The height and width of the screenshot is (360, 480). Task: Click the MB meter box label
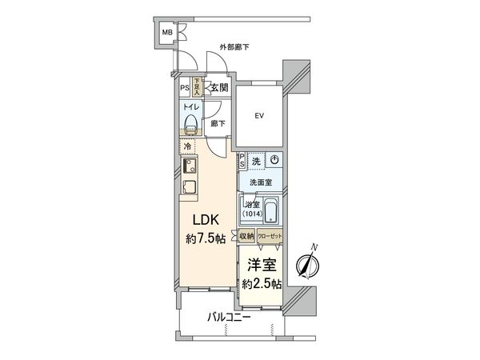tap(168, 33)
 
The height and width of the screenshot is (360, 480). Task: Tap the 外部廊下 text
tap(234, 47)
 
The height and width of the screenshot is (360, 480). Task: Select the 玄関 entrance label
tap(220, 88)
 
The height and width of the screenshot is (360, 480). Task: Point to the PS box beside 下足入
tap(185, 88)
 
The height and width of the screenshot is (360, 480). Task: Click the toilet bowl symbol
tap(190, 124)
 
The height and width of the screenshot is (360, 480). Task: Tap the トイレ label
tap(189, 106)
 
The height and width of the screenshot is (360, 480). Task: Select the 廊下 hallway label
tap(217, 124)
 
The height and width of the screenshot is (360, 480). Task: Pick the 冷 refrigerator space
tap(187, 147)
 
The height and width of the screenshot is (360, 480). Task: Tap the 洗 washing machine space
tap(256, 160)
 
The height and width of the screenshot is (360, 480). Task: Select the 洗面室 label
tap(260, 183)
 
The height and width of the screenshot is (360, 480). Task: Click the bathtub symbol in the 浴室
tap(270, 213)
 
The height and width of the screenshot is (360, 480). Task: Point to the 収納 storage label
tap(246, 236)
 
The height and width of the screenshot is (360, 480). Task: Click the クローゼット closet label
tap(270, 236)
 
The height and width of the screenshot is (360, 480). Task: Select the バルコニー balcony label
tap(230, 318)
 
